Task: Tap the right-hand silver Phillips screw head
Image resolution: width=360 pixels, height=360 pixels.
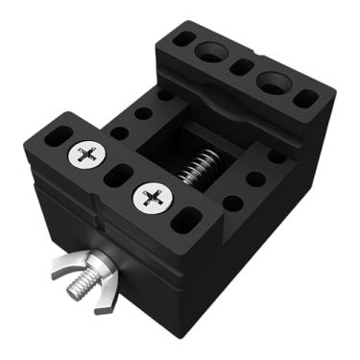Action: (x=151, y=198)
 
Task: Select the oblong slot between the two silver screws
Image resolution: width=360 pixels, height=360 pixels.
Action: (x=118, y=176)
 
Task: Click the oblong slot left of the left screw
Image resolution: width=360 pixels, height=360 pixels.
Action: (x=58, y=134)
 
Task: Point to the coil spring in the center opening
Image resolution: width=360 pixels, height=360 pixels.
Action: (x=199, y=170)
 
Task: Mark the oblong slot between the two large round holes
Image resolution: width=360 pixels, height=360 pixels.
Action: (x=242, y=66)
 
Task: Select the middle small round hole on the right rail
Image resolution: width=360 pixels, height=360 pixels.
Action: (x=255, y=179)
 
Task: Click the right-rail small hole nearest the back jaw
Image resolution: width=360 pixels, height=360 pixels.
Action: (x=276, y=156)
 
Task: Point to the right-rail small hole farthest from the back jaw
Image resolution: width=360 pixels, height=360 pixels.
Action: (x=231, y=204)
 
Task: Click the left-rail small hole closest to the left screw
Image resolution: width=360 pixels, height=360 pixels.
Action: (x=119, y=133)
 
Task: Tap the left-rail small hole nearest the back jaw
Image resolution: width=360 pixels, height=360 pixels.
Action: (x=166, y=95)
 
